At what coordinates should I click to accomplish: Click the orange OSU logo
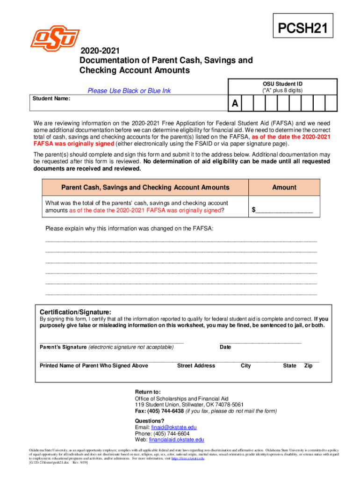pyautogui.click(x=55, y=38)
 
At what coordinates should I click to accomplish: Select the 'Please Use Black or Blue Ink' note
pyautogui.click(x=129, y=91)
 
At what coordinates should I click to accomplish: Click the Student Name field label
pyautogui.click(x=51, y=99)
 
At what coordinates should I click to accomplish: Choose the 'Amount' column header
pyautogui.click(x=284, y=187)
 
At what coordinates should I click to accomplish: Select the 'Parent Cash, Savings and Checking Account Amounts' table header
pyautogui.click(x=145, y=187)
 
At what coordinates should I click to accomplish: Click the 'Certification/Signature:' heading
pyautogui.click(x=75, y=312)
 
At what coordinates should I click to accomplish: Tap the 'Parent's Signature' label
pyautogui.click(x=63, y=347)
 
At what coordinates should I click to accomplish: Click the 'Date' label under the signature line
pyautogui.click(x=225, y=347)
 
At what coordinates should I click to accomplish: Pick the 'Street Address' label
pyautogui.click(x=196, y=365)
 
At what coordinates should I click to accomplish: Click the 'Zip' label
pyautogui.click(x=308, y=365)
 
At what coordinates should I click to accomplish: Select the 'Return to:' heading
pyautogui.click(x=148, y=392)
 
